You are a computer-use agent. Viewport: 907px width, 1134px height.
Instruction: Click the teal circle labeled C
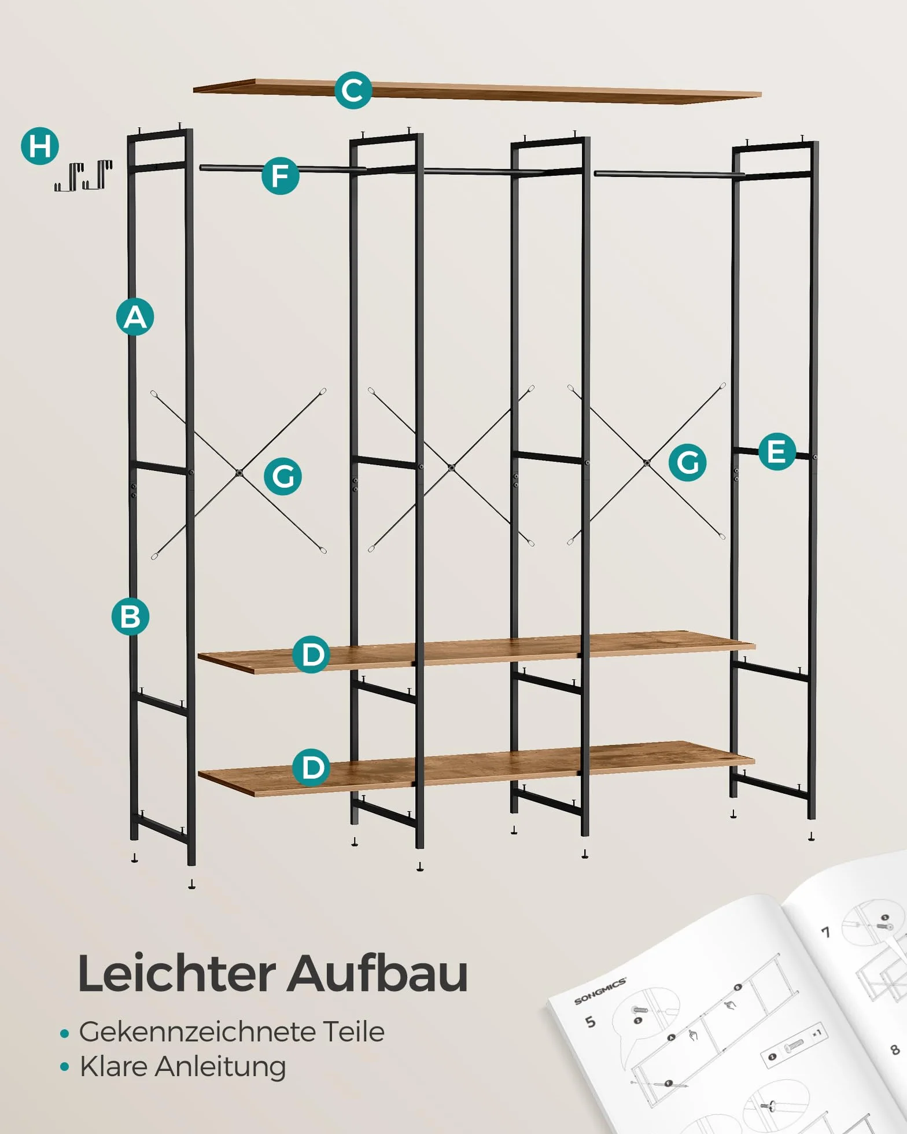click(353, 90)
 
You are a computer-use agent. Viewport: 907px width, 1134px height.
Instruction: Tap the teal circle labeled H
click(40, 146)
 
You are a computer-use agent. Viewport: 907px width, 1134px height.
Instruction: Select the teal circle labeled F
click(281, 175)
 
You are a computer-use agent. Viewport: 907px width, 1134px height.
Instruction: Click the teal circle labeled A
click(135, 316)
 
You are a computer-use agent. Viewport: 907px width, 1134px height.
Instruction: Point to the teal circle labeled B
click(130, 616)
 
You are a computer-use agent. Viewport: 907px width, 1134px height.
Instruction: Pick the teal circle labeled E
click(777, 451)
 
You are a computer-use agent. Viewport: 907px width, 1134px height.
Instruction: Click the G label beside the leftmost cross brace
click(283, 476)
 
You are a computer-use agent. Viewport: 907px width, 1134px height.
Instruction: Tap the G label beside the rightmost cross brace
click(687, 462)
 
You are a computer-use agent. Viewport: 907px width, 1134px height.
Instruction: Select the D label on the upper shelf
click(311, 654)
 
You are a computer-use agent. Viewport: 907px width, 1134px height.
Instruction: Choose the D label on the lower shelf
click(311, 767)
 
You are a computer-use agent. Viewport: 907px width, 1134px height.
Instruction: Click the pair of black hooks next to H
click(83, 176)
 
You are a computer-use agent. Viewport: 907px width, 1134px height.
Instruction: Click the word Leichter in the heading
click(177, 974)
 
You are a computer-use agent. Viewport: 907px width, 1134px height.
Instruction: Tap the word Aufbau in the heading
click(378, 974)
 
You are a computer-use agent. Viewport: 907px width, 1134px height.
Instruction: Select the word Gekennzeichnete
click(198, 1032)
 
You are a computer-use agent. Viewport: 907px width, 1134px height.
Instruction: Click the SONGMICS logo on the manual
click(600, 991)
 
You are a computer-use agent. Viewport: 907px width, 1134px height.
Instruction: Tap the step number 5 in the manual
click(590, 1022)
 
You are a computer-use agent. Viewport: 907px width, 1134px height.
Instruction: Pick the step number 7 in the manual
click(826, 932)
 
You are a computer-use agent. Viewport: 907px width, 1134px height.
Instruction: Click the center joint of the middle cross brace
click(451, 467)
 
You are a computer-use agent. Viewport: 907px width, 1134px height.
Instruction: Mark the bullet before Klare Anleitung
click(64, 1066)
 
